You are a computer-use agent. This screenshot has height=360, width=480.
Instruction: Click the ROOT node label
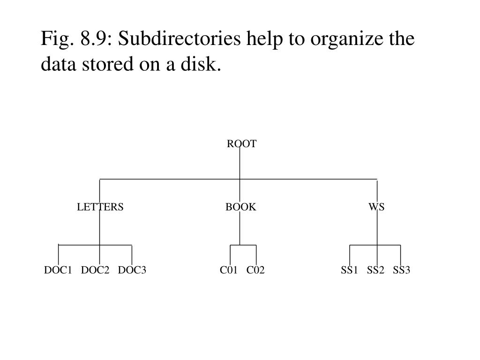click(x=241, y=144)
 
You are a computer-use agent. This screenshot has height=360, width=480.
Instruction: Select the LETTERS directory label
click(x=100, y=207)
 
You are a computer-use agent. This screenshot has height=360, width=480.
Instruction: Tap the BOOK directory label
click(x=240, y=207)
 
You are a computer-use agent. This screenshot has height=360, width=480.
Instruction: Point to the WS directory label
click(x=376, y=207)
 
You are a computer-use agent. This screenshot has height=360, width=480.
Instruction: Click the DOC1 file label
click(x=58, y=270)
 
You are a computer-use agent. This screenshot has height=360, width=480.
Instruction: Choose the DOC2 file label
click(x=95, y=270)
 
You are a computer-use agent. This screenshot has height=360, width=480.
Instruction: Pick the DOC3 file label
click(x=132, y=270)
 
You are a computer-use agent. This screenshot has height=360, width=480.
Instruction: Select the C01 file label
click(x=229, y=270)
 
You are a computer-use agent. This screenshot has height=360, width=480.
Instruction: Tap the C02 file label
click(x=255, y=270)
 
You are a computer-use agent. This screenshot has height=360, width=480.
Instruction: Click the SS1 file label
click(x=349, y=270)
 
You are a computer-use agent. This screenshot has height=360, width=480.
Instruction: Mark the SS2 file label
click(x=375, y=270)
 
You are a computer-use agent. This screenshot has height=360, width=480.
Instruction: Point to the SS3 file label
click(x=402, y=270)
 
